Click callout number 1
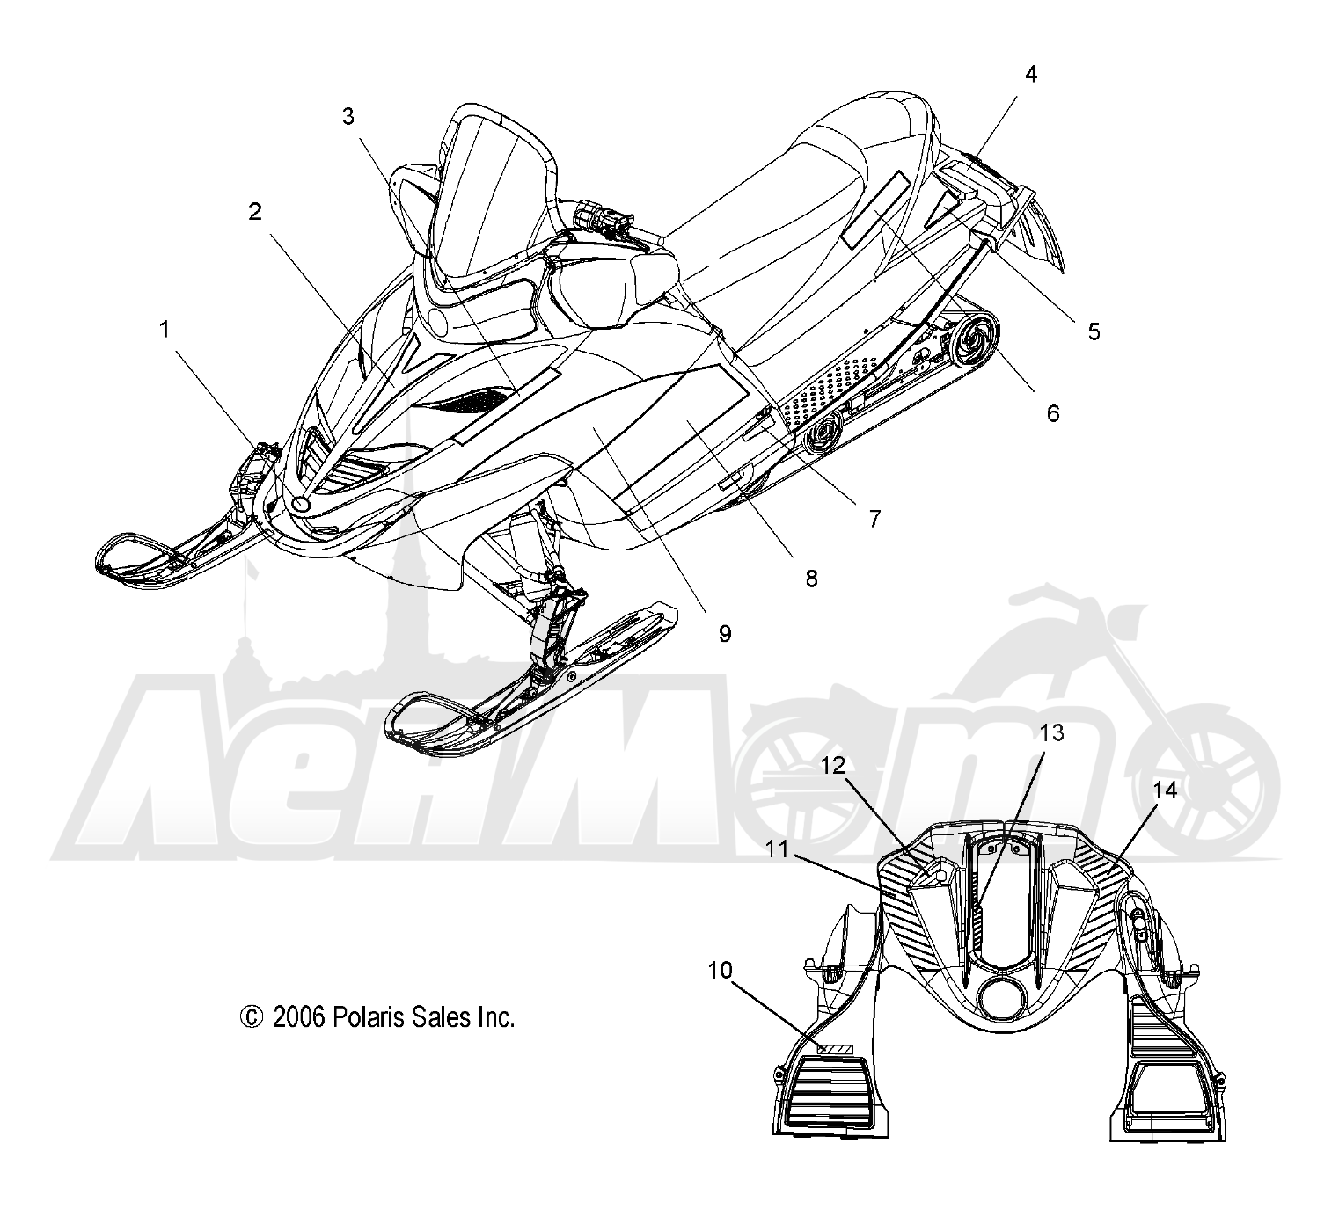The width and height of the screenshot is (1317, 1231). tap(165, 330)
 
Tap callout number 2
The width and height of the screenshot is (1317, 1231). tap(255, 212)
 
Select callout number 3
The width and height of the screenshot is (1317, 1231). tap(348, 117)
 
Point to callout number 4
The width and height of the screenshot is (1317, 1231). tap(1030, 74)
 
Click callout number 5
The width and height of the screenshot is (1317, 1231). tap(1094, 331)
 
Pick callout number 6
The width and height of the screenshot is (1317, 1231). tap(1053, 413)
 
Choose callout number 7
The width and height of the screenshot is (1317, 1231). tap(874, 519)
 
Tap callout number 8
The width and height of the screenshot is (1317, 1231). tap(812, 579)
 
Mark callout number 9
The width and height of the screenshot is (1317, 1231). tap(725, 634)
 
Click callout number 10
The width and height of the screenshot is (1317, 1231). tap(720, 971)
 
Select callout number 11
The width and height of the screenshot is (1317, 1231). tap(777, 849)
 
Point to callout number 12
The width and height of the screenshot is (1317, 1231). tap(833, 765)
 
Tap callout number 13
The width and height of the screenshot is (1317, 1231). tap(1051, 732)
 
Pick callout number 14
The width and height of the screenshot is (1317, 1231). tap(1165, 790)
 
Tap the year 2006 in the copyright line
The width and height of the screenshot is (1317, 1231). tap(298, 1017)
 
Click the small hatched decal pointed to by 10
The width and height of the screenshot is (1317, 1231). tap(835, 1049)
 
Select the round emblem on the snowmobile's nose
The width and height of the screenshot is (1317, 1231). tap(300, 505)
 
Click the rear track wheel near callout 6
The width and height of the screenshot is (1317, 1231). tap(974, 340)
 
